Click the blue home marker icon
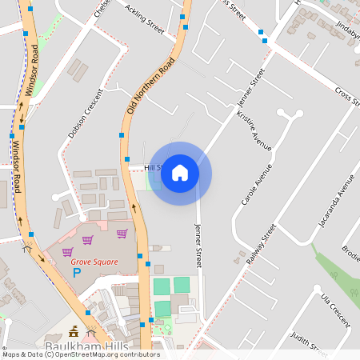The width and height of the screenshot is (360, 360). (180, 173)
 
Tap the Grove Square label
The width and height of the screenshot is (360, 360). (94, 262)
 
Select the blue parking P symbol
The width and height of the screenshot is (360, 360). (78, 273)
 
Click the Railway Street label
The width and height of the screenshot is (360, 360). (262, 244)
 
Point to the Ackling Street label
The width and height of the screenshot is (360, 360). (144, 22)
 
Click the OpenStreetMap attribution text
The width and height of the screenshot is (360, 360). (81, 354)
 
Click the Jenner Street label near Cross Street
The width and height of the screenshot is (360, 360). (251, 92)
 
